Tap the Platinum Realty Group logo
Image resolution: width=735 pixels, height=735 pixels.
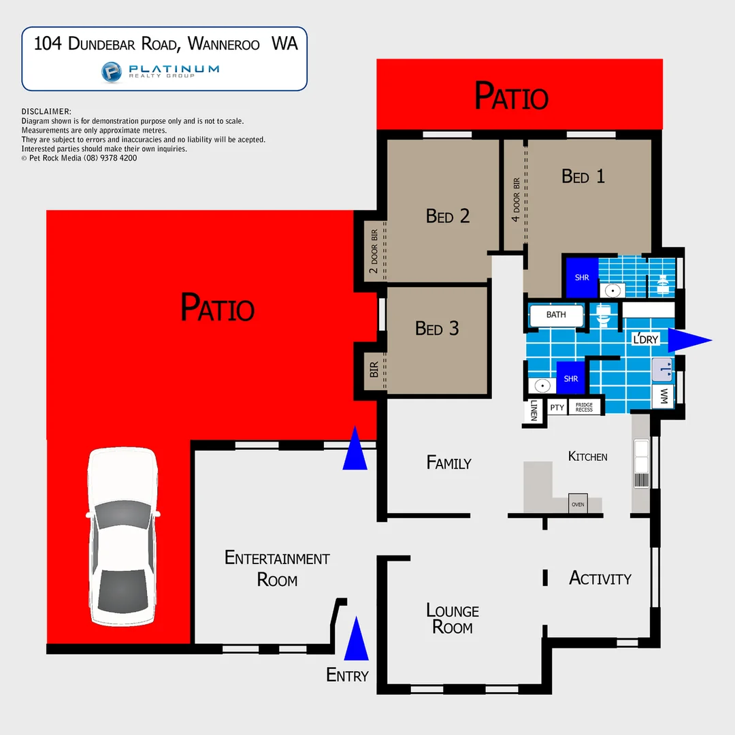pos(161,71)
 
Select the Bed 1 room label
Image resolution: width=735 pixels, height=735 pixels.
pos(583,176)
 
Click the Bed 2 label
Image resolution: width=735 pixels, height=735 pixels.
pos(448,216)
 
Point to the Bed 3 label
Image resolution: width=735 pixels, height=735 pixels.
pos(437,329)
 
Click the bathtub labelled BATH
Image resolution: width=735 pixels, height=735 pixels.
pos(557,315)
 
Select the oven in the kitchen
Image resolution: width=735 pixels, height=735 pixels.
pos(578,504)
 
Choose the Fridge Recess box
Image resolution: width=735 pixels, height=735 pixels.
pos(584,407)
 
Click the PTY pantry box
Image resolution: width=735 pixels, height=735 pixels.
pos(557,407)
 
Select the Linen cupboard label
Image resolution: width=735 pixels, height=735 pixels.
pos(534,410)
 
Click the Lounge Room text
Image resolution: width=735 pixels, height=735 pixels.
pos(453,619)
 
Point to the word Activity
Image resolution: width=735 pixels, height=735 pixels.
pos(600,578)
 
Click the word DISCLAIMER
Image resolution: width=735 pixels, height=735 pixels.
pos(46,112)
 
